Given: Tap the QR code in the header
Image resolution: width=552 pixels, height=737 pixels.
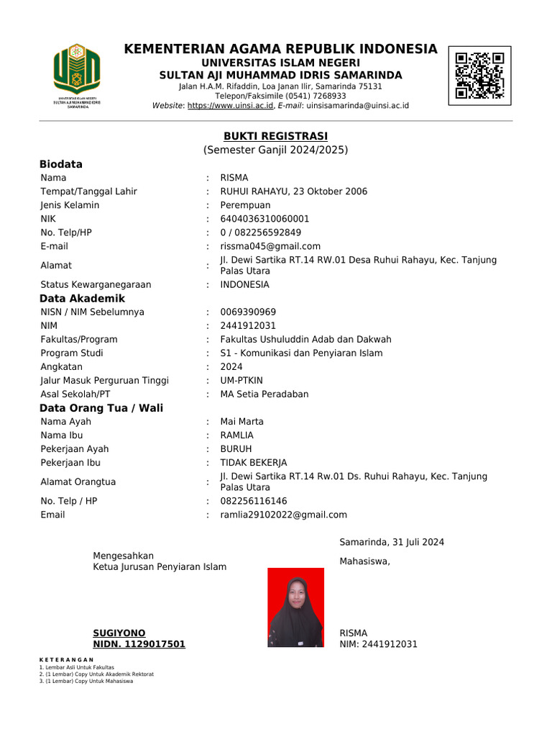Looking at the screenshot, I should point(479,75).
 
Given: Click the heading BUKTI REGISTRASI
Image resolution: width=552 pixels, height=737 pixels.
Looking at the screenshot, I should point(275,136).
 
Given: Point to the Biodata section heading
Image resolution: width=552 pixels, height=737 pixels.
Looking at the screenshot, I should point(61,164).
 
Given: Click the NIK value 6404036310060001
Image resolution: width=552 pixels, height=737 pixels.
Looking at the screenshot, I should point(264,219).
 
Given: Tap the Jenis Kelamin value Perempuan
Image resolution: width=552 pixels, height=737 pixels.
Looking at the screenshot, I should point(245,205).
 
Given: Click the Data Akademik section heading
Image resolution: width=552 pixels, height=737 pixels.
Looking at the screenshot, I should point(82,298).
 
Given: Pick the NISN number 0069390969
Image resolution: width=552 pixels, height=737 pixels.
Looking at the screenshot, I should point(248,312).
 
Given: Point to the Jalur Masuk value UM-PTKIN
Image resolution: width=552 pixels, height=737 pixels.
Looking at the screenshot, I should point(241,380).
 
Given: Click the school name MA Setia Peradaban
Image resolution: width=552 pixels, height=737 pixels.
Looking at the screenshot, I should point(264,394).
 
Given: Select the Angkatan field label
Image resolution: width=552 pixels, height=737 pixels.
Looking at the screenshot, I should point(61,366).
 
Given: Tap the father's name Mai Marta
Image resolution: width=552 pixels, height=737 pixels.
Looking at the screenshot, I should point(241,421).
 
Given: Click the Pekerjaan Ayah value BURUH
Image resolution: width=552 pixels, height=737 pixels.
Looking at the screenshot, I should point(236,448).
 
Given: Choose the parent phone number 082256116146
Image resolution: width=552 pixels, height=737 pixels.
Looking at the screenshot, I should point(254,501).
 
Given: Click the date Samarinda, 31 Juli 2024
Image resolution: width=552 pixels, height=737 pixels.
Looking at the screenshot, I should point(392,542).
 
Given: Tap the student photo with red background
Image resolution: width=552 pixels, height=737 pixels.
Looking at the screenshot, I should point(295,607).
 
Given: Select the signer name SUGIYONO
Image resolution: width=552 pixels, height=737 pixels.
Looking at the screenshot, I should point(119,633).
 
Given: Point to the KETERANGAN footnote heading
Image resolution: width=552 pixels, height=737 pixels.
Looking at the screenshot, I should point(67,660).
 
